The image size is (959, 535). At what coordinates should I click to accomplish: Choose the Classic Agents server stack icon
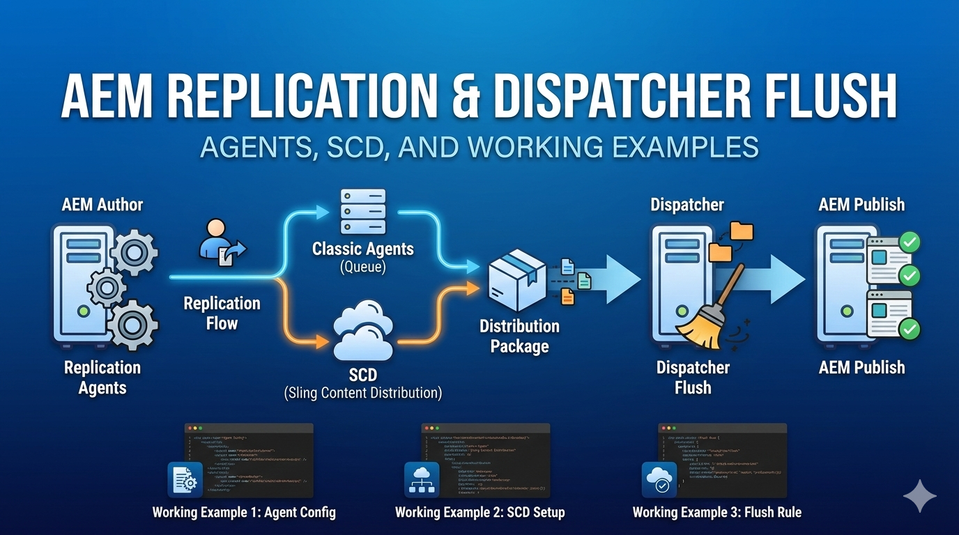(x=362, y=213)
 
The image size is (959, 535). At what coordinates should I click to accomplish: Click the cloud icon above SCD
(x=362, y=331)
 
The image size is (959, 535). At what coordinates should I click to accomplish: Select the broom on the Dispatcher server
(x=707, y=313)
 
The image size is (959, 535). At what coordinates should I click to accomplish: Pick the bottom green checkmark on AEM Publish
(x=910, y=329)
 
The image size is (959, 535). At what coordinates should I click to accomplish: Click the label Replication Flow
(x=222, y=313)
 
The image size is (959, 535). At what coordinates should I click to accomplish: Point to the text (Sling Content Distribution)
(x=362, y=393)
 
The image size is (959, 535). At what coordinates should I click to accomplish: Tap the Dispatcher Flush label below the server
(x=693, y=377)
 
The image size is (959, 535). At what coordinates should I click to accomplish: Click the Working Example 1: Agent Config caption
(x=244, y=513)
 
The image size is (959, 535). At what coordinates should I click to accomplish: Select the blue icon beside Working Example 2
(x=422, y=479)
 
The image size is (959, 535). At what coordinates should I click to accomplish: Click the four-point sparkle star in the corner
(x=919, y=495)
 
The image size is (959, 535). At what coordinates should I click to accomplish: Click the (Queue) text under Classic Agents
(x=362, y=266)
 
